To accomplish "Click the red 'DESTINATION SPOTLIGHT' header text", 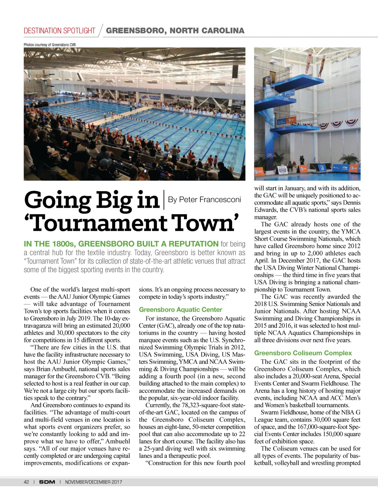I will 60,31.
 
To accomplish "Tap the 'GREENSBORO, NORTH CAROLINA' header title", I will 175,31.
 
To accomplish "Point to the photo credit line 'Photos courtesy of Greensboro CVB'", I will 50,44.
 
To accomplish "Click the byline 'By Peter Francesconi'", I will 204,200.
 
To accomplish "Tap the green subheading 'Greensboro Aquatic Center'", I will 180,310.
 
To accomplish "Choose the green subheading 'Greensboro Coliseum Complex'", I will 303,353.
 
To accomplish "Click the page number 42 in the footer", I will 26,482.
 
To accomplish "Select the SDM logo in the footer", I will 47,482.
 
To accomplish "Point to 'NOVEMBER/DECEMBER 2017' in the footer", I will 94,482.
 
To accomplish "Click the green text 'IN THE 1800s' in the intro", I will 49,244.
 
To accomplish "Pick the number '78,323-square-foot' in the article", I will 208,405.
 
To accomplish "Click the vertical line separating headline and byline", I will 164,200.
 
